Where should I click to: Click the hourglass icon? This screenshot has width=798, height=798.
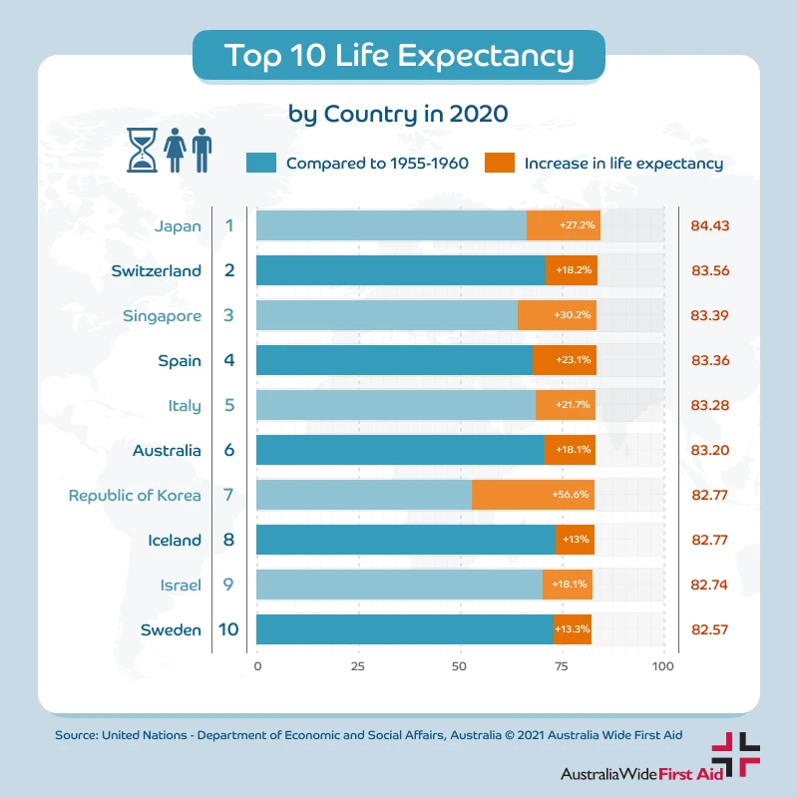143,150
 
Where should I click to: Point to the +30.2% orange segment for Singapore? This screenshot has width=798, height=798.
557,315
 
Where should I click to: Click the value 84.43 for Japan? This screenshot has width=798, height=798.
710,225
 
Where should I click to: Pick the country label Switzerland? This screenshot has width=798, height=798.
157,270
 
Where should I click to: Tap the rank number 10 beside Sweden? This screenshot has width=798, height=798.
228,629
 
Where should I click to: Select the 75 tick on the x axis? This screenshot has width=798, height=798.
563,665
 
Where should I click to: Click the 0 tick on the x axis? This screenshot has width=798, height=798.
257,665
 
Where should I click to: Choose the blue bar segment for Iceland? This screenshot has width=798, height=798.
405,540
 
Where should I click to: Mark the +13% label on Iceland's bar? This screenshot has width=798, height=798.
575,540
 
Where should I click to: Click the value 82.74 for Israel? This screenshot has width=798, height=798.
710,585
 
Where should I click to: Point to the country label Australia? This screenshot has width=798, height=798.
167,450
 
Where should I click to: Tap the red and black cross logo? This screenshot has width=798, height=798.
735,754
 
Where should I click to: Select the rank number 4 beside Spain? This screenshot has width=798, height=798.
228,360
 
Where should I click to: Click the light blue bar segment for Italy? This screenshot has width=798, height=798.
395,405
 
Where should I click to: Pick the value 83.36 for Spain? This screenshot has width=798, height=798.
710,360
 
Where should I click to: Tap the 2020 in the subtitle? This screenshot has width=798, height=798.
479,113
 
